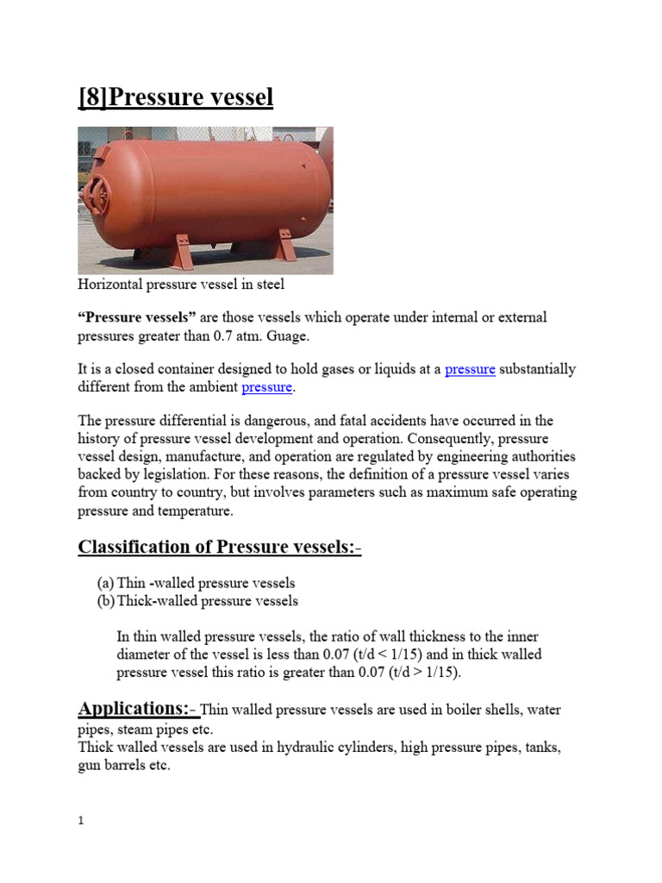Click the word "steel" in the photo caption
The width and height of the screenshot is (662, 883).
268,285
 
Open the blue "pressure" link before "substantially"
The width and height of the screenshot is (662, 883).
470,370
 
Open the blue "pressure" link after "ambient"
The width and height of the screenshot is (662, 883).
267,387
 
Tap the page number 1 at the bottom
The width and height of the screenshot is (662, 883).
81,822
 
